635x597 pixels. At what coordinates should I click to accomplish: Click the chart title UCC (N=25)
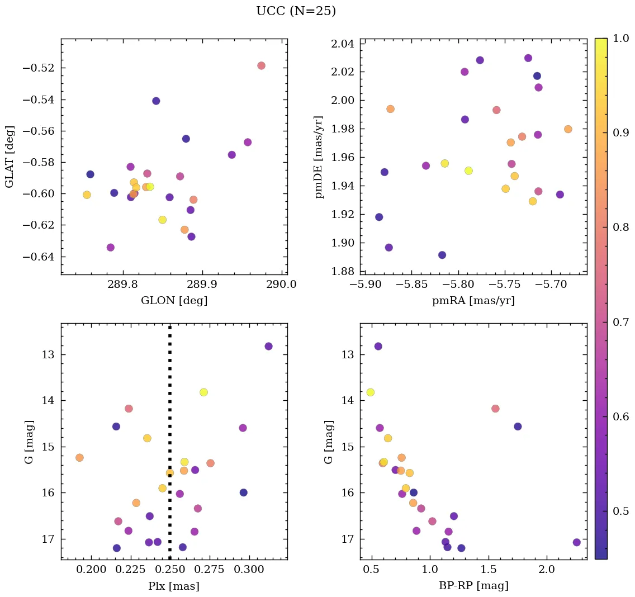pos(296,11)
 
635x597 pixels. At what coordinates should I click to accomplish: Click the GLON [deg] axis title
pos(174,301)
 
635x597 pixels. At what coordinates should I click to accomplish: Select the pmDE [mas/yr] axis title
pos(319,157)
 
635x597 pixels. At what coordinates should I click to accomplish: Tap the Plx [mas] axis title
pos(174,586)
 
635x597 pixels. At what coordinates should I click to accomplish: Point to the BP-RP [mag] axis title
pos(473,586)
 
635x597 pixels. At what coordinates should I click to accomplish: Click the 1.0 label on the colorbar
pos(622,38)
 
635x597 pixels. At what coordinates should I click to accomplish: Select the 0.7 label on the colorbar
pos(622,322)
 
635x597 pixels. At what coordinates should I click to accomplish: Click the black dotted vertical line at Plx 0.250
pos(170,391)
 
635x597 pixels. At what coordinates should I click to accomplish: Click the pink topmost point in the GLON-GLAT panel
pos(261,65)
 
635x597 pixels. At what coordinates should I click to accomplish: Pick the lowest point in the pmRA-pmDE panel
pos(442,255)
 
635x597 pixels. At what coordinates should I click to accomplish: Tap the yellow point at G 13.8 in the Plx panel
pos(203,392)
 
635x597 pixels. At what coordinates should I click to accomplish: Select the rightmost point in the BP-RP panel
pos(577,542)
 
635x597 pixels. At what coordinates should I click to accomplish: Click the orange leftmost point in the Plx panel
pos(79,458)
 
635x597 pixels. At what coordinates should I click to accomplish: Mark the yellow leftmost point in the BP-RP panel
pos(370,392)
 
